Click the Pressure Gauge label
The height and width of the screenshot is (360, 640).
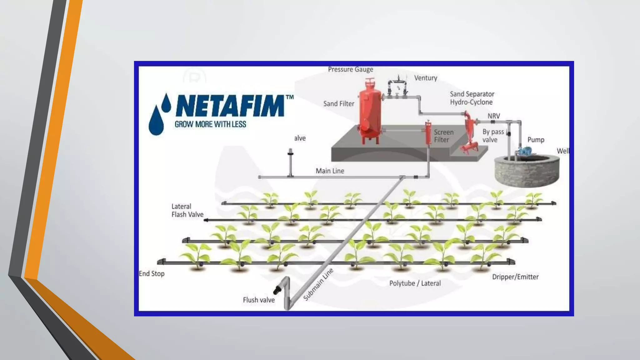[x=350, y=69]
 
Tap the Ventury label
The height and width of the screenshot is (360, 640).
[x=425, y=78]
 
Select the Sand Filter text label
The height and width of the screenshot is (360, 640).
[x=338, y=104]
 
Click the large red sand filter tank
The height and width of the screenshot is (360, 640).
[x=370, y=112]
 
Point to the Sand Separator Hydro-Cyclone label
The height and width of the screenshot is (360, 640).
[x=472, y=98]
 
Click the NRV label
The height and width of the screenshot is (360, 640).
[x=494, y=116]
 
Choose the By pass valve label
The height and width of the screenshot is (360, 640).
[x=492, y=136]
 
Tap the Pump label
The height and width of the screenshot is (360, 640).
[x=536, y=140]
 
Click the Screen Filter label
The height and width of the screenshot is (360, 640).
[x=443, y=136]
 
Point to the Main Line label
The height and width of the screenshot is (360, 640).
[x=330, y=171]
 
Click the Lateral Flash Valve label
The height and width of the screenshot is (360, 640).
[x=187, y=210]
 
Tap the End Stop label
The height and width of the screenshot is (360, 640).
[x=152, y=274]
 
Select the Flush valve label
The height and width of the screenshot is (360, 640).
[x=259, y=300]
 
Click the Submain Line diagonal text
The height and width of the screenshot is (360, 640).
[x=318, y=284]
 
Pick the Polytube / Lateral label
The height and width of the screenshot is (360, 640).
[x=415, y=283]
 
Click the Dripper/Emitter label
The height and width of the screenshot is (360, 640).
[x=515, y=277]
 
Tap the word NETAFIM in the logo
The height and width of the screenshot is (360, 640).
[x=230, y=106]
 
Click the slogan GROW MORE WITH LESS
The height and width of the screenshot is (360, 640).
[x=210, y=124]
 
